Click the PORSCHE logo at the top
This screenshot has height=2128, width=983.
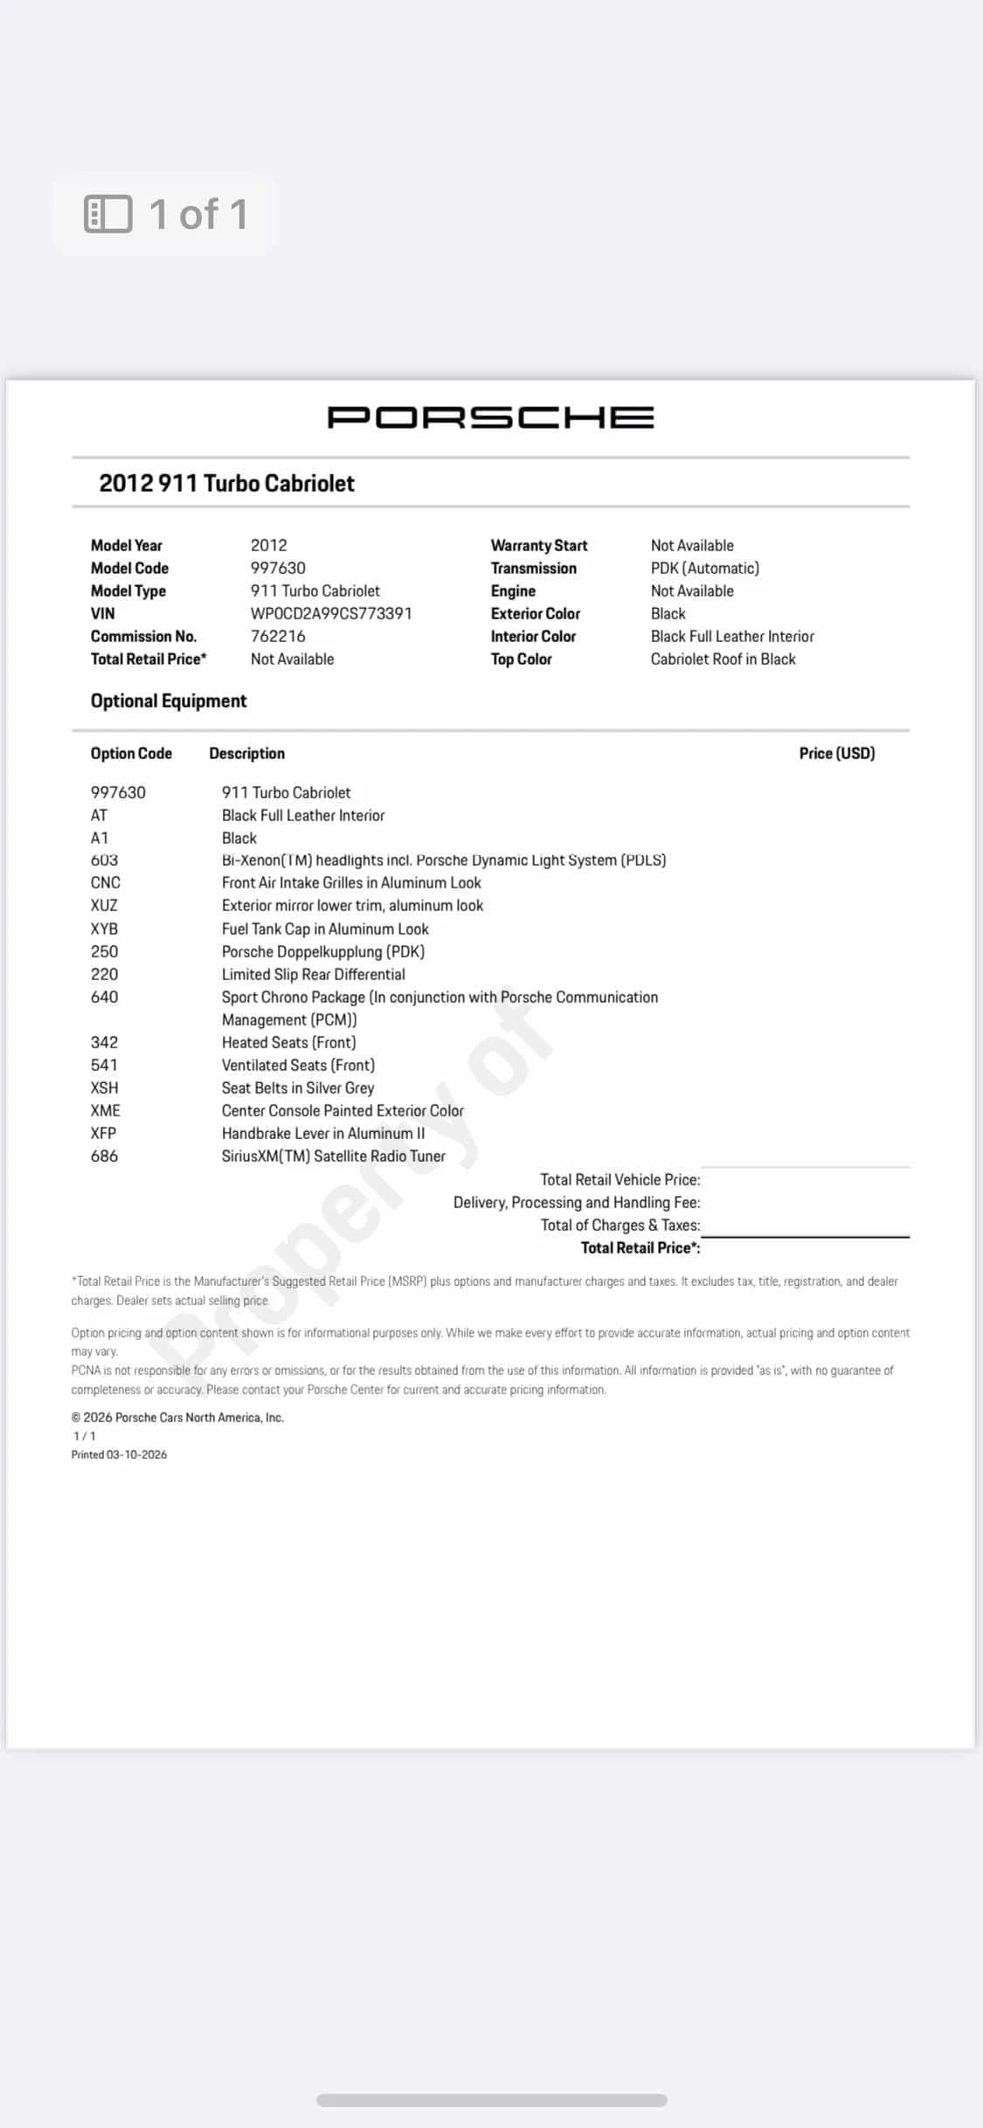coord(490,418)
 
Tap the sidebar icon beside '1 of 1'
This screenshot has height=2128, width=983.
coord(107,214)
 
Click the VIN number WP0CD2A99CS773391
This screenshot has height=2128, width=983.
coord(330,613)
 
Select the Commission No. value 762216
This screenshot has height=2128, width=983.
coord(278,636)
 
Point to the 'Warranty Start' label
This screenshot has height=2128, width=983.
coord(538,545)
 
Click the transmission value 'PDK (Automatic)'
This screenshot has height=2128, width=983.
coord(704,568)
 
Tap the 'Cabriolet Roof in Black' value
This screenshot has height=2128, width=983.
coord(723,659)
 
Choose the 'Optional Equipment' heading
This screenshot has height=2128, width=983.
coord(169,701)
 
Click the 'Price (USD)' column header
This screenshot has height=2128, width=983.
coord(836,753)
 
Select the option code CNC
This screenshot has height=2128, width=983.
coord(106,882)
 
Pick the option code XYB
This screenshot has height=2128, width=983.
coord(104,929)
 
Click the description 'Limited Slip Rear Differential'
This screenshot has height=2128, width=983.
coord(313,974)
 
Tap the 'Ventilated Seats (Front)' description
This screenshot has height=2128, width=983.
coord(298,1065)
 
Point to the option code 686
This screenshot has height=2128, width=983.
coord(104,1156)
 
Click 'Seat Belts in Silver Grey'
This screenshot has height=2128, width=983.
coord(297,1088)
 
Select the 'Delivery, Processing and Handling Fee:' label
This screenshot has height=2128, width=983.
coord(576,1202)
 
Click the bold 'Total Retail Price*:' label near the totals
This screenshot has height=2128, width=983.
coord(640,1247)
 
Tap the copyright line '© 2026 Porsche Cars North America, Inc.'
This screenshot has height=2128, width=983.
coord(177,1417)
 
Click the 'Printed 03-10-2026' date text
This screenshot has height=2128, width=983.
coord(119,1454)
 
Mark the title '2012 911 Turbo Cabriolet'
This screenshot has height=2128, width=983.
coord(226,483)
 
